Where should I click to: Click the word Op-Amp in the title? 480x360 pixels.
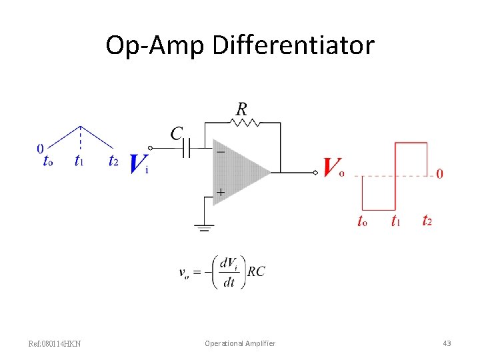tap(155, 45)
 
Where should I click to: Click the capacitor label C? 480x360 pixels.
tap(176, 134)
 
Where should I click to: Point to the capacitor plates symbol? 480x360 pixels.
tap(188, 149)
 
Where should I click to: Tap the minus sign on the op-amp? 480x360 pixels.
tap(220, 151)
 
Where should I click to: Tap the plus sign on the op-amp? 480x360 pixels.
tap(220, 192)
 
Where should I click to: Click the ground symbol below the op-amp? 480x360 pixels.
tap(203, 228)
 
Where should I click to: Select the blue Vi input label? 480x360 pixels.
tap(138, 163)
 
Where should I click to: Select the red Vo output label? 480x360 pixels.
tap(333, 167)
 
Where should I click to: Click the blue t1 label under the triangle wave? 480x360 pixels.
tap(79, 161)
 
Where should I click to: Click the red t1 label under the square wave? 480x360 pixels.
tap(396, 221)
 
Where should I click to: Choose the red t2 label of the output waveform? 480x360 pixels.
tap(427, 221)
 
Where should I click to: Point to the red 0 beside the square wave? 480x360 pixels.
tap(439, 175)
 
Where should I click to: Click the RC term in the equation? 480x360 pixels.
tap(256, 271)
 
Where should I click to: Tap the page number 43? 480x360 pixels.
tap(447, 343)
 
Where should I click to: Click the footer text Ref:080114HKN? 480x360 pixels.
tap(55, 343)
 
